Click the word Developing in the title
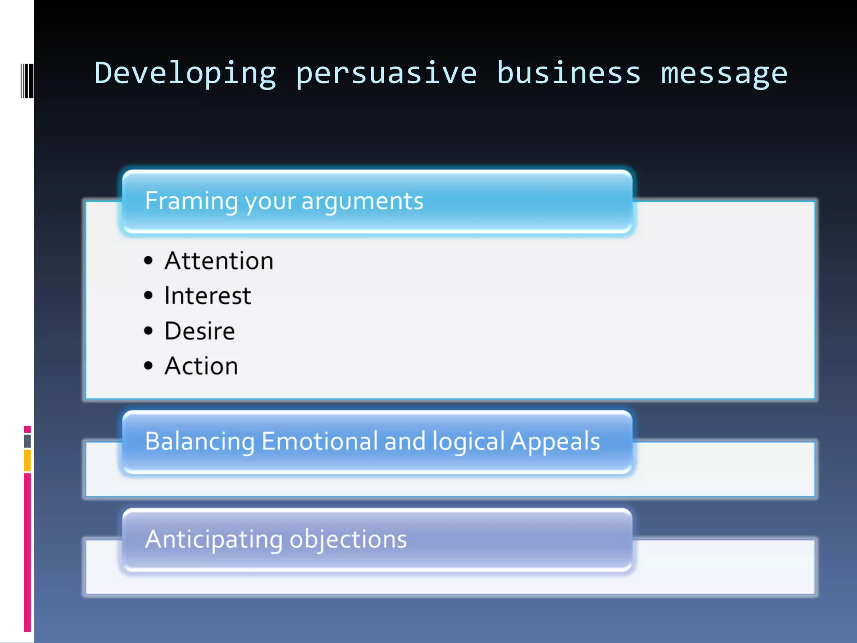[x=185, y=74]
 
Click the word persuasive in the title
[x=386, y=74]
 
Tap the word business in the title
[x=569, y=74]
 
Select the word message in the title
[x=724, y=74]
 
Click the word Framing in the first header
[x=191, y=201]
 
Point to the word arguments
[x=362, y=201]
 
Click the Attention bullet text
[x=219, y=261]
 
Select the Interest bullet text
[x=208, y=296]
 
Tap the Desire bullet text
[x=200, y=331]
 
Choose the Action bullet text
[x=201, y=366]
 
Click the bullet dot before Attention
[x=148, y=261]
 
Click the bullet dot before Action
[x=148, y=366]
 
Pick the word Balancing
[x=200, y=442]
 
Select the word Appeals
[x=555, y=442]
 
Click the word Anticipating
[x=213, y=540]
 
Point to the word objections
[x=348, y=540]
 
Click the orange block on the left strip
[x=27, y=460]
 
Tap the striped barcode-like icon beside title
[x=27, y=81]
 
